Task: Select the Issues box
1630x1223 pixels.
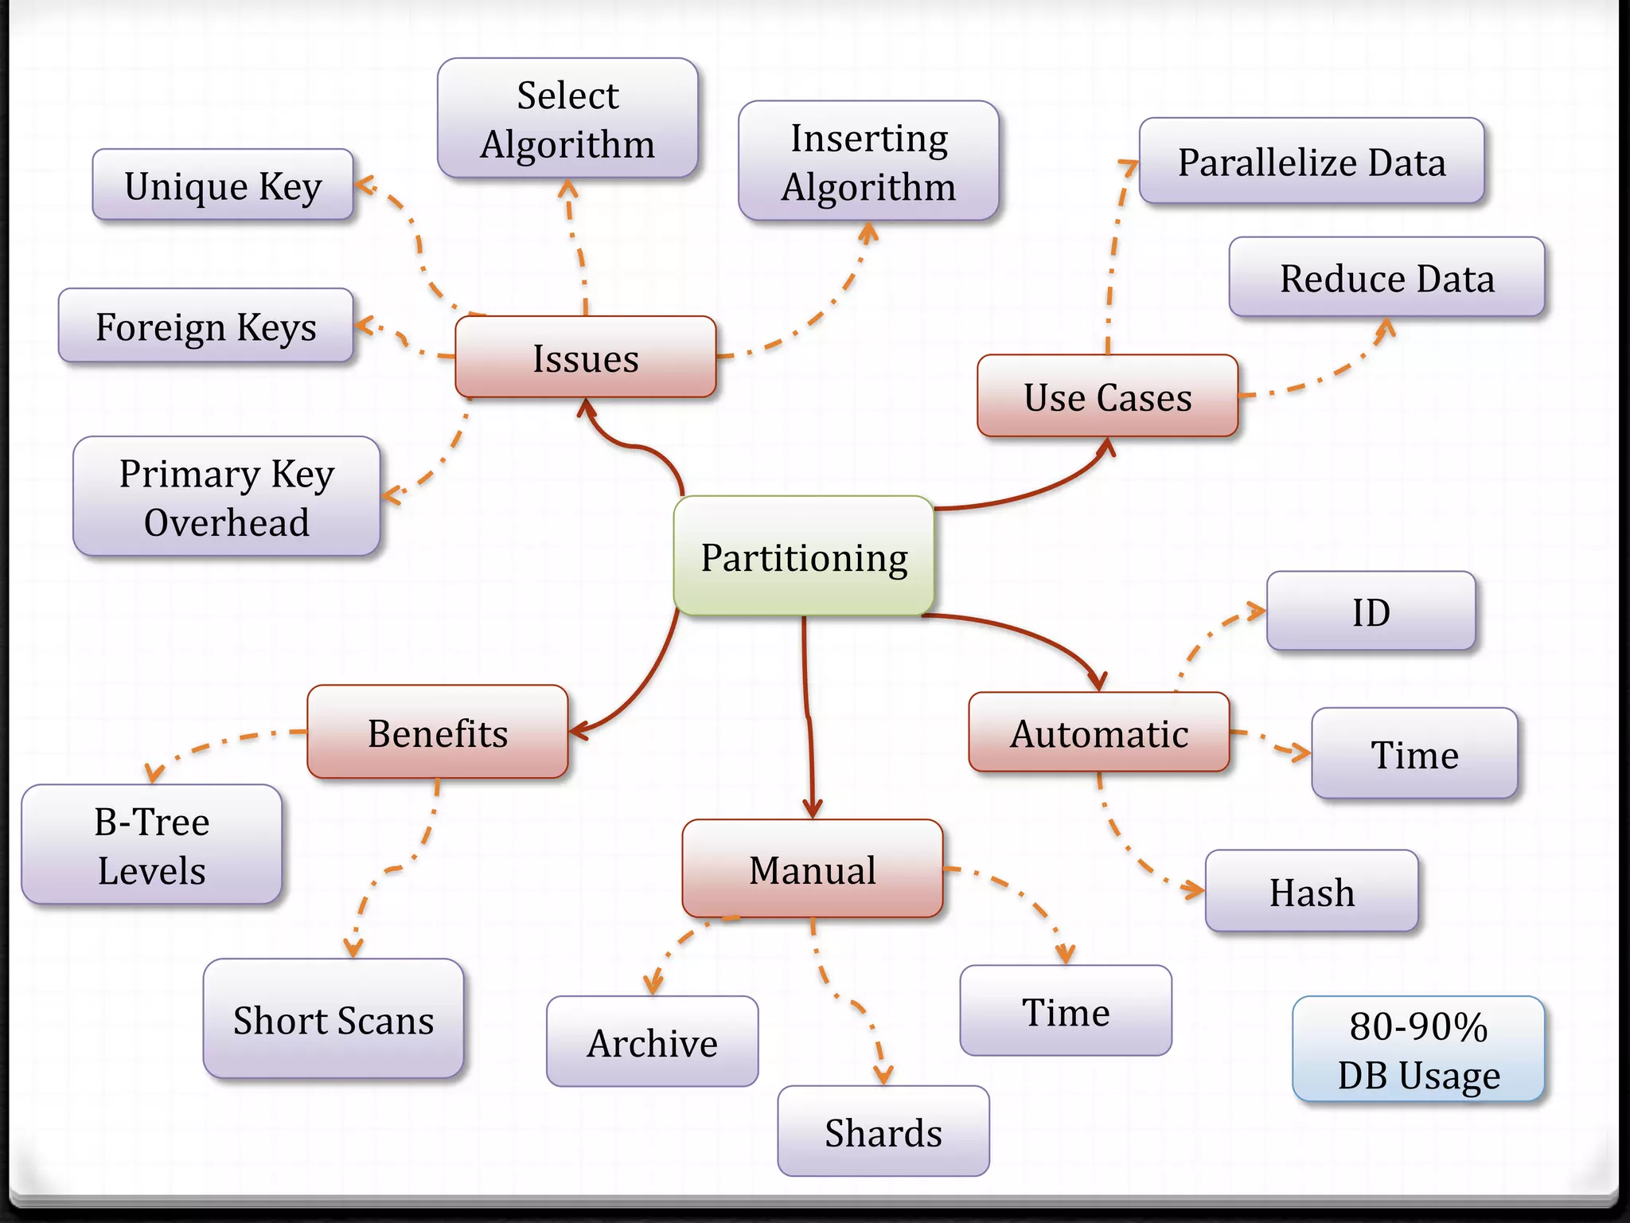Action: click(586, 358)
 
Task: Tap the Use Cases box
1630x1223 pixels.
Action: click(1107, 397)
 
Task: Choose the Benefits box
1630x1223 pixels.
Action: click(438, 733)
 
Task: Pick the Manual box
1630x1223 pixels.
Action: click(813, 869)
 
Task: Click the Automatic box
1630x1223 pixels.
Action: click(1099, 733)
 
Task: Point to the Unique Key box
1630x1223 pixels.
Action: click(223, 186)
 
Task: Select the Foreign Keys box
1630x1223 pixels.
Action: click(206, 326)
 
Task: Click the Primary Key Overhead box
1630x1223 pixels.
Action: click(227, 497)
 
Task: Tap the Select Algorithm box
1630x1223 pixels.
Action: click(567, 119)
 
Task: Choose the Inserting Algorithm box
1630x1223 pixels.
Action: click(868, 162)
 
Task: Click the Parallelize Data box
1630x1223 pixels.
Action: click(1312, 162)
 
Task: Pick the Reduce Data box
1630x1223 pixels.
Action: click(1386, 278)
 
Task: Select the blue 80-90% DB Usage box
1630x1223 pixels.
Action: click(1418, 1049)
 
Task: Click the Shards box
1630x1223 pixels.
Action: click(883, 1131)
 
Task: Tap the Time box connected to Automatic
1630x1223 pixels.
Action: click(1414, 753)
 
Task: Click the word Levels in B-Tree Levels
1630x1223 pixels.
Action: click(151, 870)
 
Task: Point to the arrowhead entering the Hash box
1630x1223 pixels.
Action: click(1195, 889)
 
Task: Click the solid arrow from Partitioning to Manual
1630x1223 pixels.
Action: click(809, 717)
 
